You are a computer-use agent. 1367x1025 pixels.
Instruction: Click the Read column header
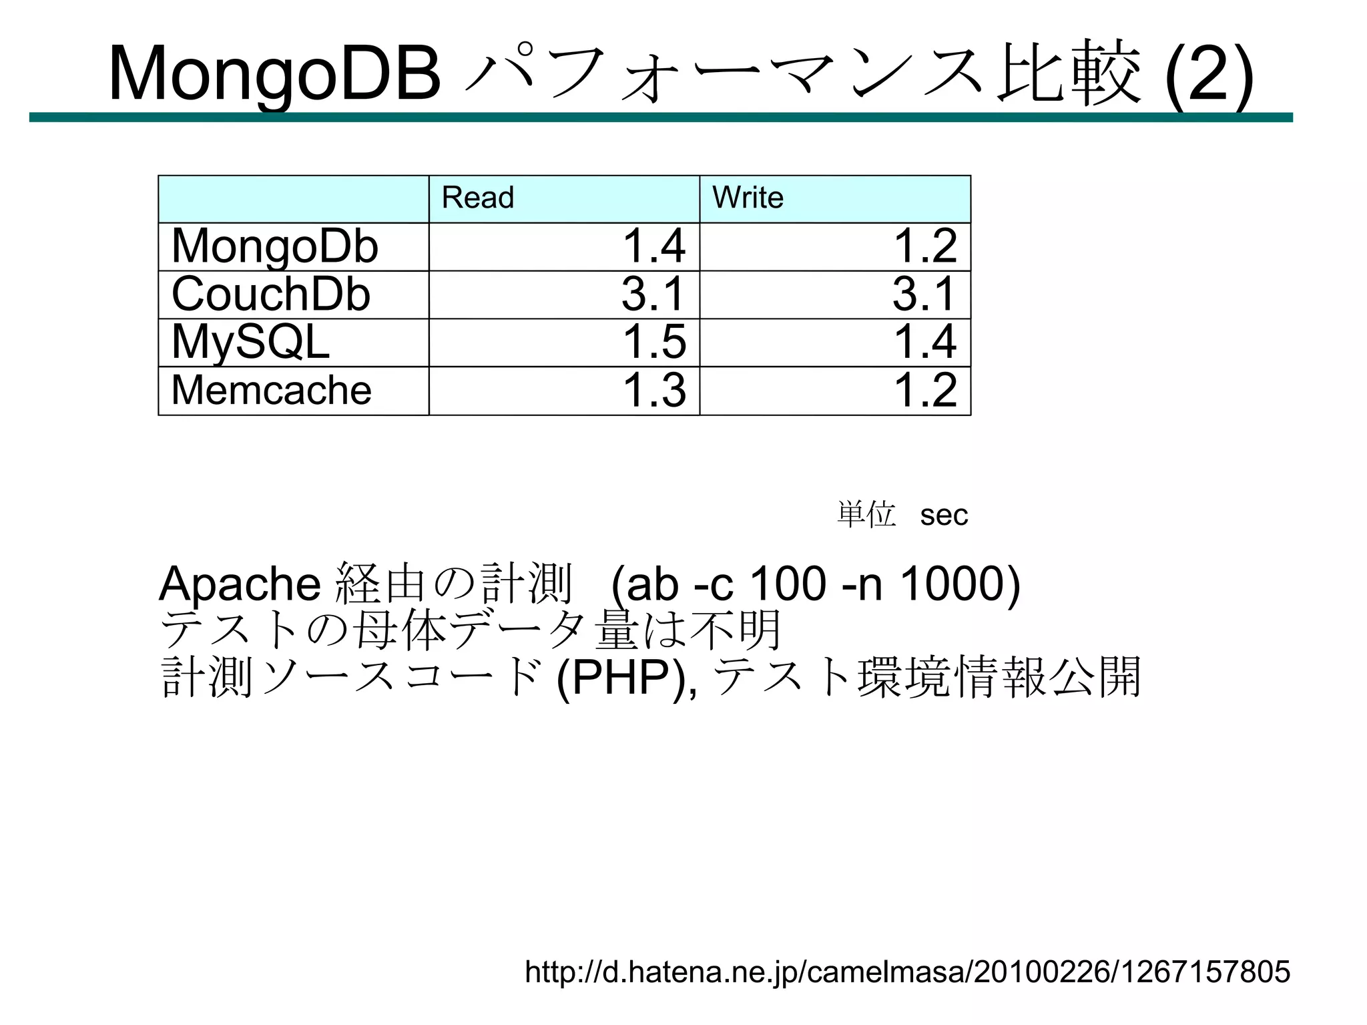pos(478,198)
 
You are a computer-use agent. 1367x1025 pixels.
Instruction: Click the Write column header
pos(748,198)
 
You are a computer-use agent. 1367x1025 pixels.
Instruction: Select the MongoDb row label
pos(275,246)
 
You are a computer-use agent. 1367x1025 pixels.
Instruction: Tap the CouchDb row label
pos(271,294)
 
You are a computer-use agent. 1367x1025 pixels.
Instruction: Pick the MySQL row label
pos(251,342)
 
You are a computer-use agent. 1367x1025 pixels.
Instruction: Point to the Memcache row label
pos(272,390)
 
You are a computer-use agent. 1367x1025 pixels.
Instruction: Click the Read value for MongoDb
pos(654,246)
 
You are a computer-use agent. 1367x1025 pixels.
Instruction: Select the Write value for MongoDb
pos(925,246)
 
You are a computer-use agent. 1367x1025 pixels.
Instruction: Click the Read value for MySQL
pos(654,342)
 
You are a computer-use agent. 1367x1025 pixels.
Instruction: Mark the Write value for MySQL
pos(925,342)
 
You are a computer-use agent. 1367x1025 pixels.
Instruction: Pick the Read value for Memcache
pos(654,390)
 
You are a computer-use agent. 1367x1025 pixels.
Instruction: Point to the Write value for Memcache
pos(925,390)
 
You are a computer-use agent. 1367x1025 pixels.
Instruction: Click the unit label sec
pos(944,515)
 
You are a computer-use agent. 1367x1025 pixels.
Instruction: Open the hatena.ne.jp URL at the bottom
pos(908,972)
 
